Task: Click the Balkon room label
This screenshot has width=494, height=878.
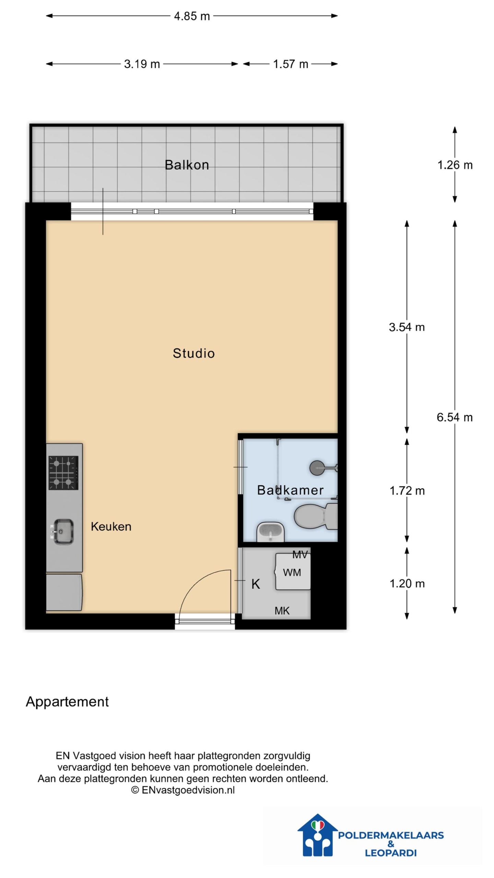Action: pos(187,165)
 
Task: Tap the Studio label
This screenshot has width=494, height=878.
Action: pos(194,353)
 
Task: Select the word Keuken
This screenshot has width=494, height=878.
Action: pos(111,526)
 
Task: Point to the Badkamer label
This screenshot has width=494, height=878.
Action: pos(290,490)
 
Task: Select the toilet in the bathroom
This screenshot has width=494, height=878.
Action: pos(316,516)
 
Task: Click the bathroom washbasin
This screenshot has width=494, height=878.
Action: pos(271,532)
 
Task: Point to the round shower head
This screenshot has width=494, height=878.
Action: pos(317,468)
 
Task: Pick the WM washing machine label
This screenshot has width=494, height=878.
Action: pos(292,572)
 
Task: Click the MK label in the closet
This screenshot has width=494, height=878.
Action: pos(282,610)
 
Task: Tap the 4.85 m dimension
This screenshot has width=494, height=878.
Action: pos(192,16)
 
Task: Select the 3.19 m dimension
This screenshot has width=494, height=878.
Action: pos(142,64)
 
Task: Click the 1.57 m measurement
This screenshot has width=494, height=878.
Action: pos(291,64)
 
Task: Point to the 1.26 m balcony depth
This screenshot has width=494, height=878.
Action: pos(455,165)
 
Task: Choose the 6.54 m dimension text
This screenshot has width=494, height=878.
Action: pos(455,417)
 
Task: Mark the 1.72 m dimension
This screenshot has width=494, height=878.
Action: pos(407,491)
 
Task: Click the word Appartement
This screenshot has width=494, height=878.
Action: pos(67,702)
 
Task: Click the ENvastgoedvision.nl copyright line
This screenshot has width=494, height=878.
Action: pos(183,790)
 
